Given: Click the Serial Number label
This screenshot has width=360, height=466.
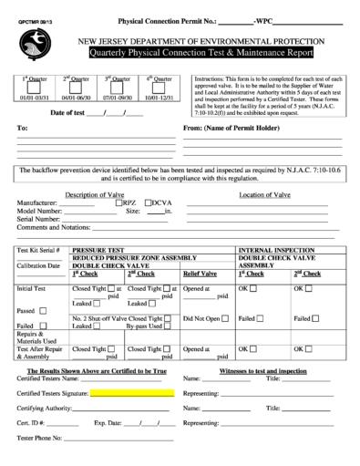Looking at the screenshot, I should pyautogui.click(x=44, y=218).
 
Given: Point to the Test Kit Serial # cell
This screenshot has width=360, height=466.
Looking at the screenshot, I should pyautogui.click(x=39, y=248).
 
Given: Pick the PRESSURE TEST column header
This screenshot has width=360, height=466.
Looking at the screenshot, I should pyautogui.click(x=98, y=248).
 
